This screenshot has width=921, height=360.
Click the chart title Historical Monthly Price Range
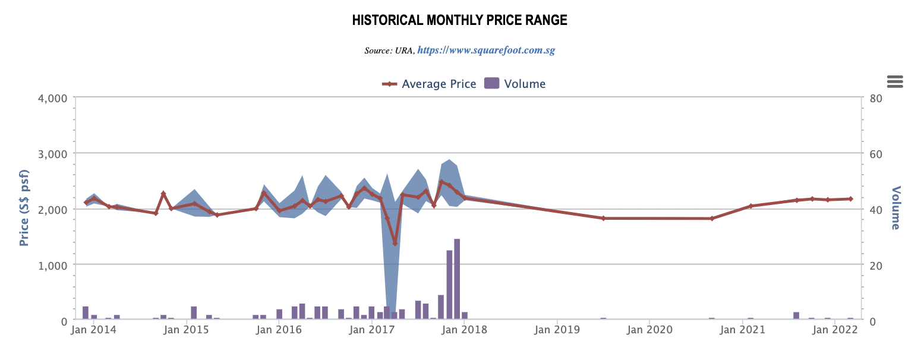[459, 20]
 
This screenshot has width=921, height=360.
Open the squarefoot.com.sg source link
[485, 50]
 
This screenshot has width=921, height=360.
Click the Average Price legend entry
[429, 84]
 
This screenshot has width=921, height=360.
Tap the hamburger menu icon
[894, 81]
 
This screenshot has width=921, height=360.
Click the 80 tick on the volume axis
[876, 97]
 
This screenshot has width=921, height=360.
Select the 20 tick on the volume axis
[876, 265]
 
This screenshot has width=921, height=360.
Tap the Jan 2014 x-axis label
[93, 329]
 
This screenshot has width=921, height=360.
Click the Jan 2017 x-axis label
[371, 329]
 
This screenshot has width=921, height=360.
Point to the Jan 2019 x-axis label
[557, 329]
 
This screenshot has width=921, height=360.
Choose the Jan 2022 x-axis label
[835, 329]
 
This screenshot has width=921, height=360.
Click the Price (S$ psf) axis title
[24, 209]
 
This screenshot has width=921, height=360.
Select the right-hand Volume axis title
[895, 208]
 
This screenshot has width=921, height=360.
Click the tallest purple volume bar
[457, 279]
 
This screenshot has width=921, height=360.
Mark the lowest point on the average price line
[395, 244]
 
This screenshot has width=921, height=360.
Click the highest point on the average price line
[441, 182]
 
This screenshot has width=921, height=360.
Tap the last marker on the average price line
[850, 199]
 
